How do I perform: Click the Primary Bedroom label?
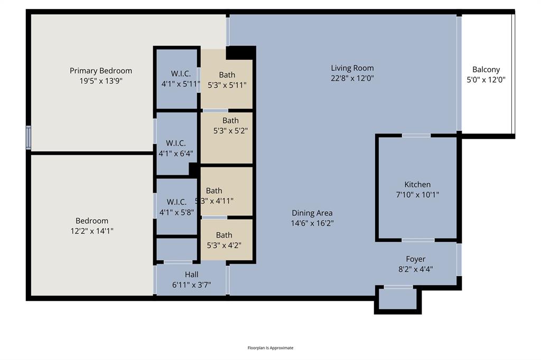point(101,71)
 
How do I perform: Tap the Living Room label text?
point(352,68)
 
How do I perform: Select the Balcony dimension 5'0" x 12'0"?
point(486,80)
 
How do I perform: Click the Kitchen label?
point(417,185)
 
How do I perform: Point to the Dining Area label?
point(312,213)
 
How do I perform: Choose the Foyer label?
point(415,259)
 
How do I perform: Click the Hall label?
point(191,274)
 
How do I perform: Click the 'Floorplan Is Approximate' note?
point(270,348)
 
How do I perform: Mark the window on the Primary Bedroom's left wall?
point(29,137)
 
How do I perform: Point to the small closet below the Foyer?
point(398,300)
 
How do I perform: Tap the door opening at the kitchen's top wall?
point(416,136)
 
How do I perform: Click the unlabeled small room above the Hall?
point(176,249)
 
